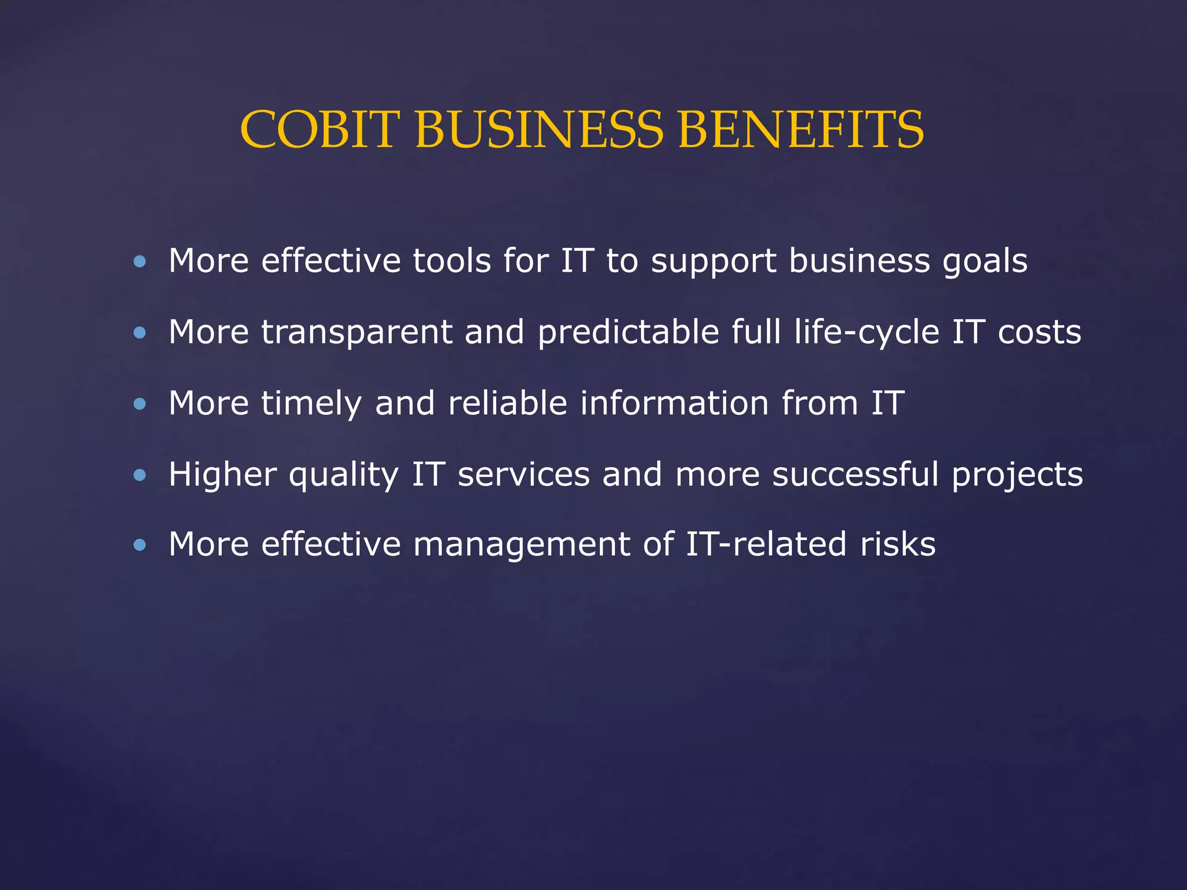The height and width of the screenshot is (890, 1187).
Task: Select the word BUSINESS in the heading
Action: click(x=539, y=130)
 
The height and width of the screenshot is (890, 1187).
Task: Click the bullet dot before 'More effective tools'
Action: click(x=140, y=262)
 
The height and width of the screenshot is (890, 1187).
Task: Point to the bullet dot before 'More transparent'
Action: click(x=140, y=333)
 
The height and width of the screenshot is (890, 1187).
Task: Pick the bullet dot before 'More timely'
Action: click(x=140, y=404)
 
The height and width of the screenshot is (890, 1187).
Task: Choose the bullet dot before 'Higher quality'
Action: click(x=140, y=475)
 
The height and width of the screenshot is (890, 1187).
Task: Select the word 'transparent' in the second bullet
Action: click(x=356, y=333)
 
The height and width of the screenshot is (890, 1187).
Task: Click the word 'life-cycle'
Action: click(x=866, y=333)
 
